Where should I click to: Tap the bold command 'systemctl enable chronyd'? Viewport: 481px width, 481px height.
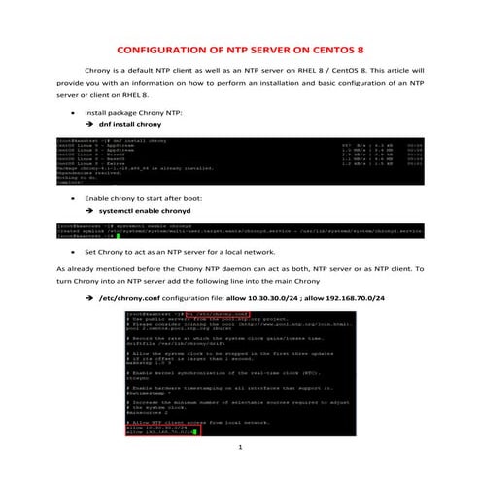[142, 210]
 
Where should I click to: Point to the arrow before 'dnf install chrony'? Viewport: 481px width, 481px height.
[90, 126]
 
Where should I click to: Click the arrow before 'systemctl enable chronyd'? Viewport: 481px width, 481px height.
[90, 210]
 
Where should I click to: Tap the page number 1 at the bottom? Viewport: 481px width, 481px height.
[240, 450]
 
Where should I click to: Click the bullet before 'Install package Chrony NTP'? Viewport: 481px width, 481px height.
[75, 113]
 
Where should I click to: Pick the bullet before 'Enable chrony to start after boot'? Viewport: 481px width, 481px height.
[75, 197]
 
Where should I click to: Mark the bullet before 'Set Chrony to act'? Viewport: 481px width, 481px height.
[75, 251]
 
